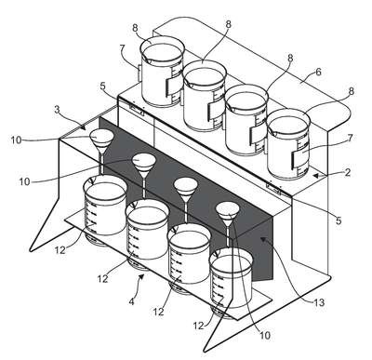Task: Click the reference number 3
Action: coord(57,110)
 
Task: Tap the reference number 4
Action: coord(132,301)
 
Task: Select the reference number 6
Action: coord(318,73)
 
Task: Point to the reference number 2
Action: coord(348,172)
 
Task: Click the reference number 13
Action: coord(319,302)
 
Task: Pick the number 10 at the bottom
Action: coord(265,335)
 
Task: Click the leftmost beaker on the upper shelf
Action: coord(162,72)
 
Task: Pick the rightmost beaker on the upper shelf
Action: coord(288,144)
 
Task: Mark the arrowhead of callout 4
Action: coord(142,276)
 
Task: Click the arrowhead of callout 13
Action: coord(263,239)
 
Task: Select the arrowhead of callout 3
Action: coord(83,127)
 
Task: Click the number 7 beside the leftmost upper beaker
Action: coord(122,48)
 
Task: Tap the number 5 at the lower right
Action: coord(339,220)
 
